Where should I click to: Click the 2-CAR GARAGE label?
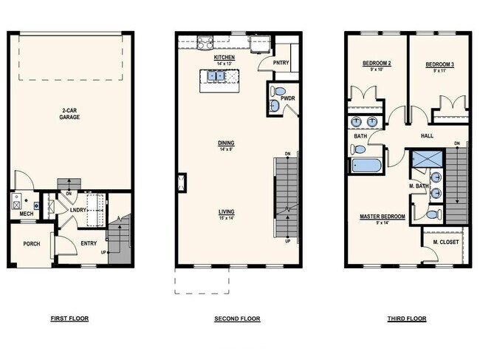point(70,114)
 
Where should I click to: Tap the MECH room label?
point(27,214)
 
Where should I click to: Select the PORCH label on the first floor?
point(31,244)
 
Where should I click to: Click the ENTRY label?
point(89,244)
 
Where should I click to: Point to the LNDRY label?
point(79,211)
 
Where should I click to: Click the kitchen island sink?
point(216,75)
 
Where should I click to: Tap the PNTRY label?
point(281,63)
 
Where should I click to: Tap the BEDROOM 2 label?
point(377,64)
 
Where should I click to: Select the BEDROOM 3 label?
point(439,65)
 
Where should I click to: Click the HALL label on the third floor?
point(427,136)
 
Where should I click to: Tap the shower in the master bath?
point(425,160)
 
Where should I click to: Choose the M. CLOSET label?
point(445,242)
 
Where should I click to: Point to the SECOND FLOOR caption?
point(239,319)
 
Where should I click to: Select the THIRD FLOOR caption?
point(406,319)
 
